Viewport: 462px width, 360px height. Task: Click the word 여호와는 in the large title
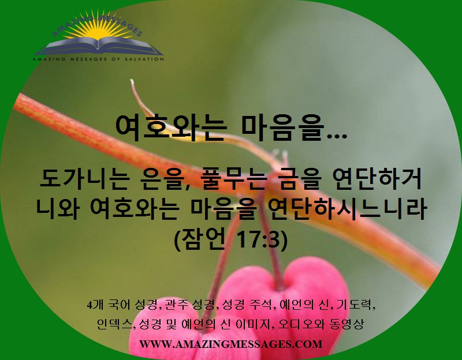[x=171, y=129]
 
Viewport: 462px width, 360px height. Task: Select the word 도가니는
[x=85, y=179]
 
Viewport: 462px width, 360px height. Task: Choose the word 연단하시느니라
[x=347, y=209]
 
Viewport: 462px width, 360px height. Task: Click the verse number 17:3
[x=258, y=240]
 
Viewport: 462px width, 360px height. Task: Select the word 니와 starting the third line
[x=57, y=209]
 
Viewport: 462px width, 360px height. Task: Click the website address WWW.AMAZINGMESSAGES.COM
[x=230, y=344]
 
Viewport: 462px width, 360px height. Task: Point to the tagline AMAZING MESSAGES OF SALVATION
[x=98, y=59]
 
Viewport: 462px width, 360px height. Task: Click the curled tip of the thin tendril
[x=132, y=81]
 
